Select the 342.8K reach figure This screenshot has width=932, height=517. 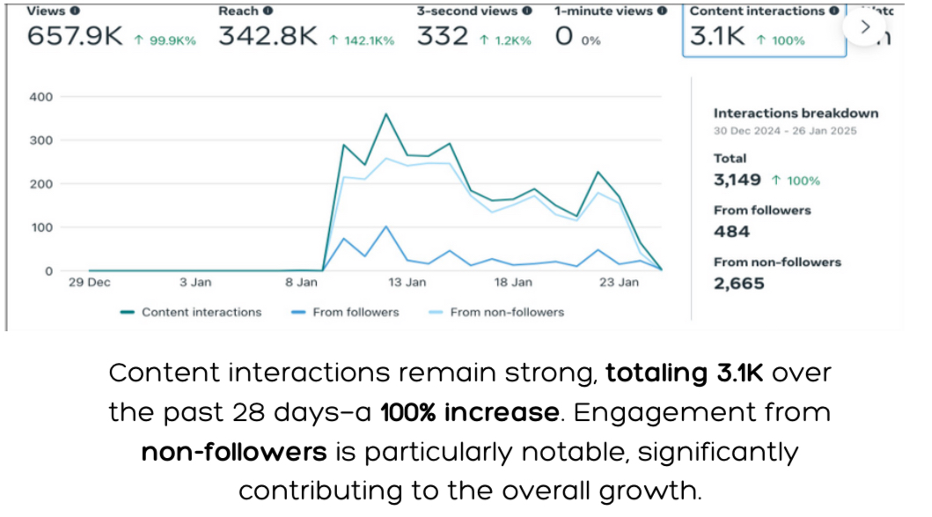point(268,38)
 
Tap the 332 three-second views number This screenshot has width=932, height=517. point(443,38)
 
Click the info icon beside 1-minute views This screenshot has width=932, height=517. point(662,11)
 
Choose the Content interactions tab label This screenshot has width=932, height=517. point(757,11)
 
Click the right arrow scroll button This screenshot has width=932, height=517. point(864,27)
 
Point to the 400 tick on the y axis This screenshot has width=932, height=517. point(41,97)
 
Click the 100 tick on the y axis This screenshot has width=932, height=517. point(41,227)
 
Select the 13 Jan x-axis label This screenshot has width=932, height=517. point(407,283)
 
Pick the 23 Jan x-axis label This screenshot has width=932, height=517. point(619,283)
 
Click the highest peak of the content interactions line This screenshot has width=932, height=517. point(385,114)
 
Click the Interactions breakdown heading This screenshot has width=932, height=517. point(796,113)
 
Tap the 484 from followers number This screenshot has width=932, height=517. point(732,232)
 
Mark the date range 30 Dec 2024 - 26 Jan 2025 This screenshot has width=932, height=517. point(784,131)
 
